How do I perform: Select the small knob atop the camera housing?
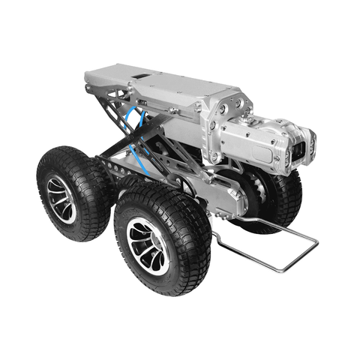coord(244,110)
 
